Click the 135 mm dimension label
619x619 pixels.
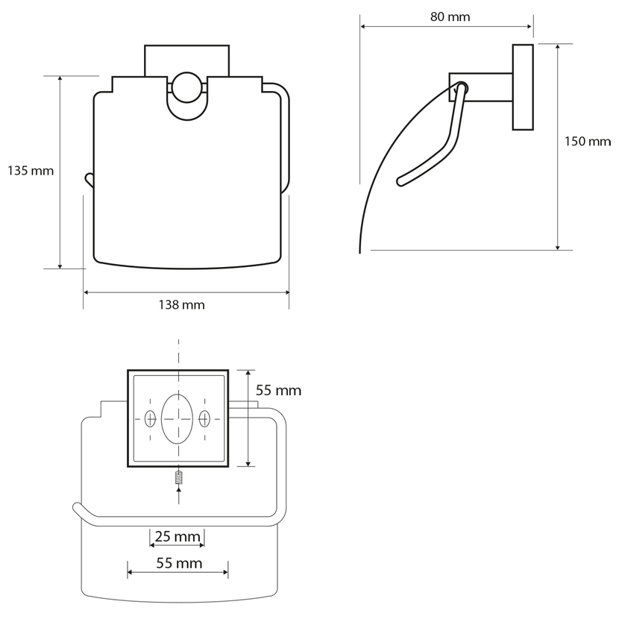[31, 171]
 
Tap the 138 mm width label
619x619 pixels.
[181, 305]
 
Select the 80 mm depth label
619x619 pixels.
[450, 17]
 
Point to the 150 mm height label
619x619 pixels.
[588, 142]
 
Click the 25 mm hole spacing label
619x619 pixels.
[177, 536]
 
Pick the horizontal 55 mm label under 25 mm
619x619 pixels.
[179, 563]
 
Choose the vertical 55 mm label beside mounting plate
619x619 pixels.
[278, 391]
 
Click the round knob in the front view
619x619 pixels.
[186, 87]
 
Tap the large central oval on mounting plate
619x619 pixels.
[177, 419]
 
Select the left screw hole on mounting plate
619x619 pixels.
[151, 418]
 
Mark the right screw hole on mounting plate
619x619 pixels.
[204, 418]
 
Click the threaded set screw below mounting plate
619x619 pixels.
[178, 478]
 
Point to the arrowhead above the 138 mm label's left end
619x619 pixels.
[87, 292]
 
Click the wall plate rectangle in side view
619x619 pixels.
[523, 87]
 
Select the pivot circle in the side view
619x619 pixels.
[461, 88]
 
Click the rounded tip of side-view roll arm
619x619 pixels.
[400, 182]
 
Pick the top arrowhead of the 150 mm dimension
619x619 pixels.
[557, 47]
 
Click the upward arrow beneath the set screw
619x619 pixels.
[178, 495]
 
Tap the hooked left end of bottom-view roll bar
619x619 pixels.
[78, 509]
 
